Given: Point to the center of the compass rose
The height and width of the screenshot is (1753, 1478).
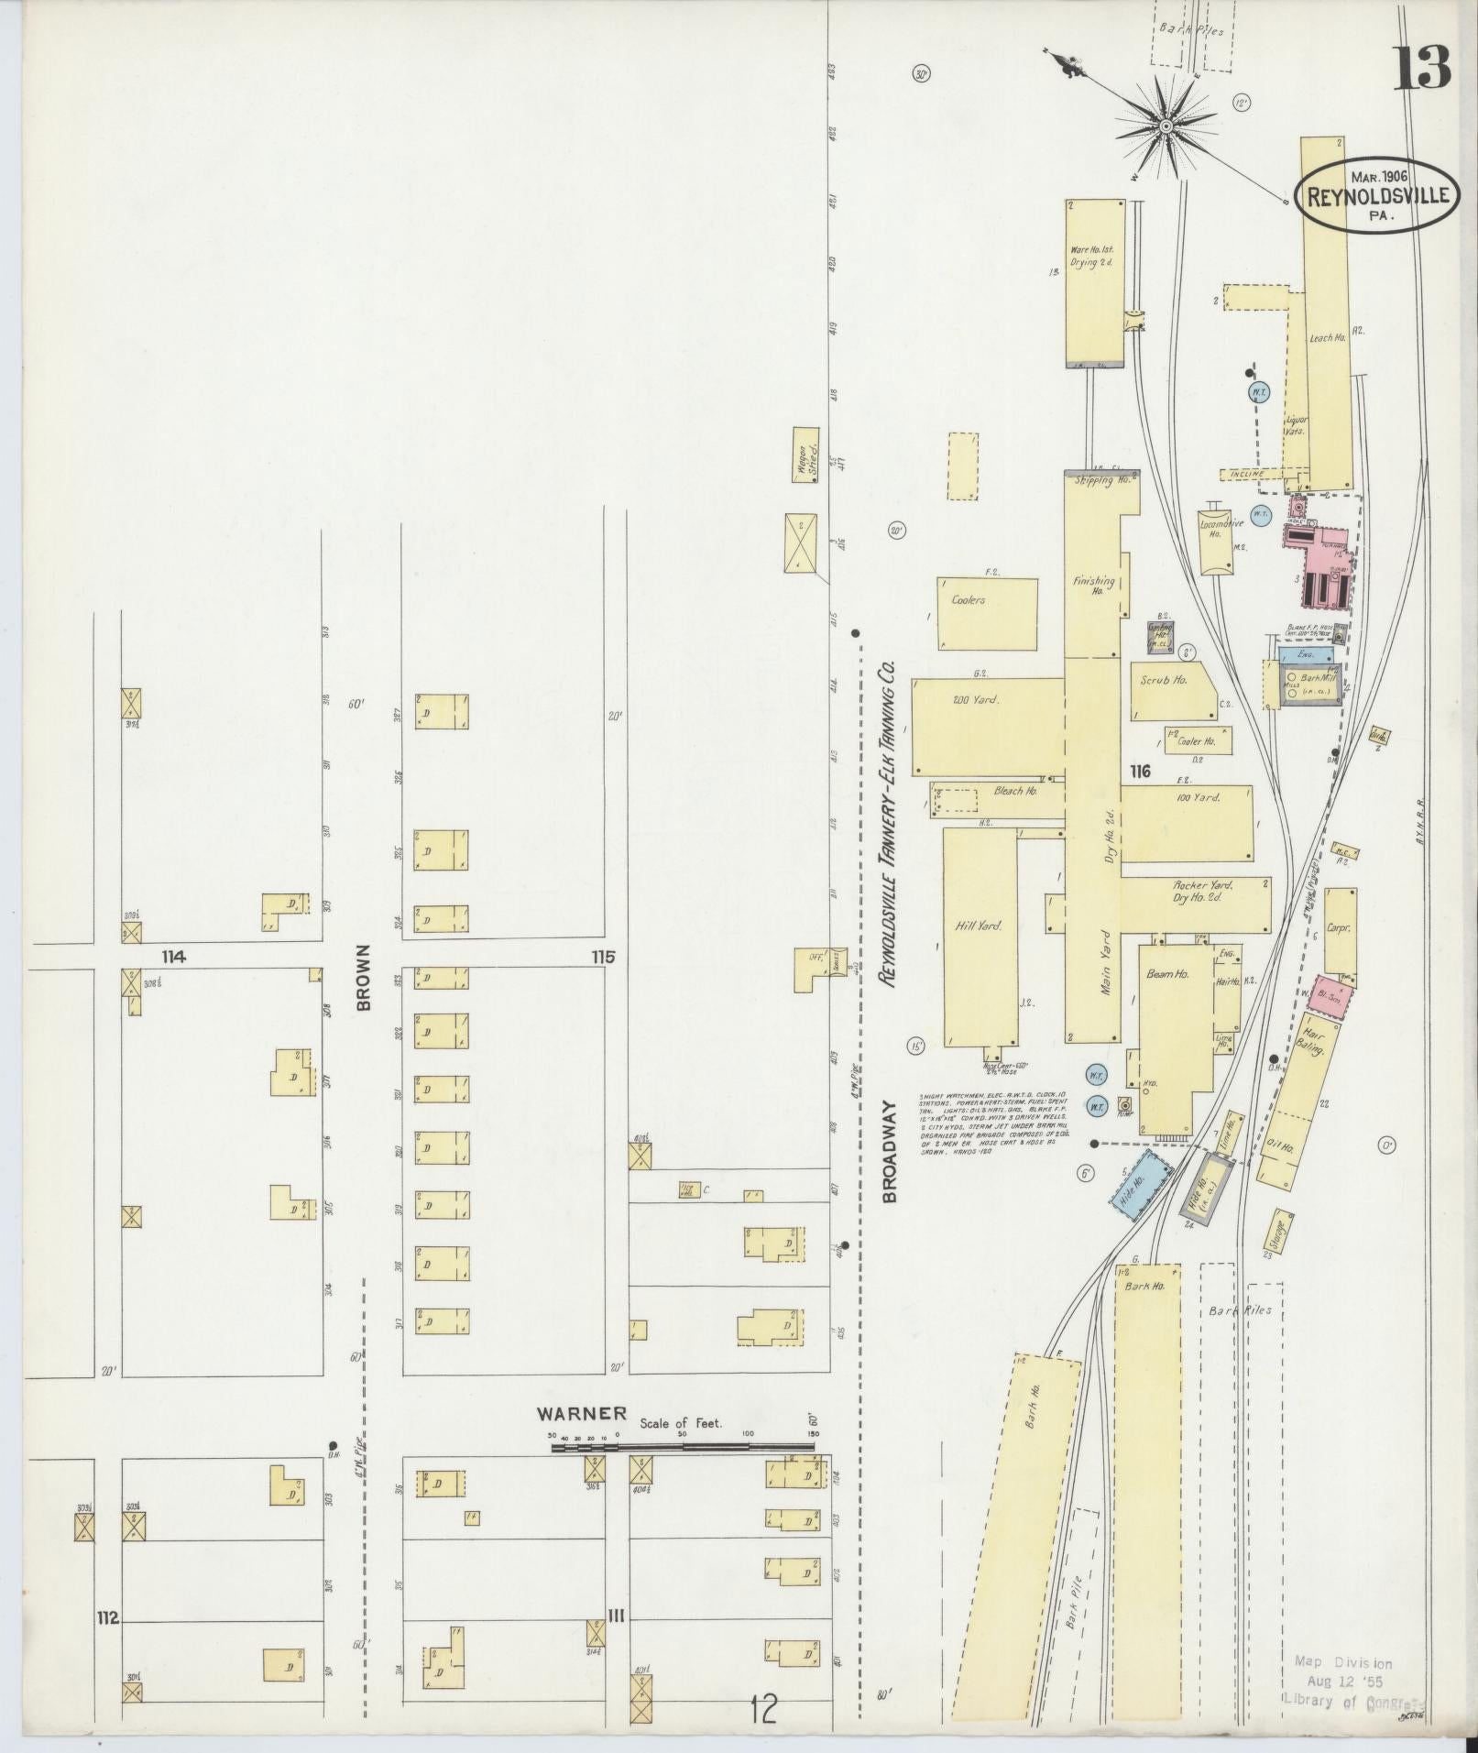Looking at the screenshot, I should [x=1166, y=125].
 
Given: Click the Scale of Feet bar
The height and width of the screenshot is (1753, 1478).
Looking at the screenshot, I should [x=683, y=1473].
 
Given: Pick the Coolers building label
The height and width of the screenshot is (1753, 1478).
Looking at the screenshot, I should [x=968, y=600].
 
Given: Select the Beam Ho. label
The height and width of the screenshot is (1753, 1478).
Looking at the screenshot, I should [x=1167, y=974].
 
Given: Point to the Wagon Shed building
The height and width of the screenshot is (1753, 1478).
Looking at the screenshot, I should [x=806, y=455].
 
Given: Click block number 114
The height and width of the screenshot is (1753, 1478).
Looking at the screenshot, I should [x=173, y=957].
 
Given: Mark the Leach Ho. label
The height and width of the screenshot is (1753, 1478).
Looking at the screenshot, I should [x=1326, y=337].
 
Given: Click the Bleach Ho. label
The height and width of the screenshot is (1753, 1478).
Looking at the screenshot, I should [x=1014, y=790].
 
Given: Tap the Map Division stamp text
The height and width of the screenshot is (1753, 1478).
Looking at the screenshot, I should [x=1342, y=1662].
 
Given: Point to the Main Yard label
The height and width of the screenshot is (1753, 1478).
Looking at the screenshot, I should [x=1107, y=964].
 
